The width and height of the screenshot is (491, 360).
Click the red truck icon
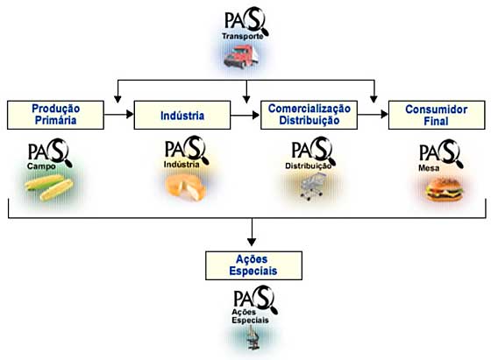click(x=241, y=57)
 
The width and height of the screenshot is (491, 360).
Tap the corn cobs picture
click(x=49, y=187)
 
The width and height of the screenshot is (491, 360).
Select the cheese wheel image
click(x=185, y=188)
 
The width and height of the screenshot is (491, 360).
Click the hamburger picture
click(x=445, y=190)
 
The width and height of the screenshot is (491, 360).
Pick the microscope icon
click(x=253, y=337)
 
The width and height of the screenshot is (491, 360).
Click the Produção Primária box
click(x=55, y=115)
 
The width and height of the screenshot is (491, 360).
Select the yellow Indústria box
click(x=182, y=115)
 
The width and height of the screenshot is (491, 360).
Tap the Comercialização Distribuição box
click(x=309, y=115)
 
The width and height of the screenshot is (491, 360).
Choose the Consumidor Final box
click(x=437, y=115)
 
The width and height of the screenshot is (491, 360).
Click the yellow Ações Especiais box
click(x=253, y=265)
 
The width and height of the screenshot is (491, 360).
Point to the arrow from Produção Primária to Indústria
click(x=119, y=115)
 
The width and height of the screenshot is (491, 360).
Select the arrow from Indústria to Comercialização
click(x=245, y=115)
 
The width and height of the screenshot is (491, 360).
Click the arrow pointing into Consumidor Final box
click(x=373, y=115)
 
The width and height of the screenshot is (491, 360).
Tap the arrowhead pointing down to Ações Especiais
click(x=252, y=242)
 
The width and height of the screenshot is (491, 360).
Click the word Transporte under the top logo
click(x=243, y=36)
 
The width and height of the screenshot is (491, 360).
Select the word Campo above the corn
click(x=41, y=166)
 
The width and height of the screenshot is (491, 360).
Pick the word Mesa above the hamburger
click(x=429, y=168)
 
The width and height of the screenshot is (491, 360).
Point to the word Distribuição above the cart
click(x=308, y=166)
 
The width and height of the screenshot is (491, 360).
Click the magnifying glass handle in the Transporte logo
click(x=265, y=32)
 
